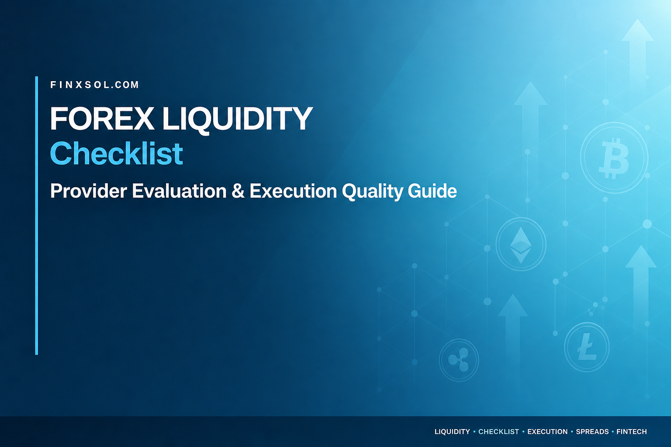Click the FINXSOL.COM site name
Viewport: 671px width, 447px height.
(x=95, y=85)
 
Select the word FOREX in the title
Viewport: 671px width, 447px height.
(x=102, y=119)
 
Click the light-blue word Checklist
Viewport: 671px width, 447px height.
(x=117, y=154)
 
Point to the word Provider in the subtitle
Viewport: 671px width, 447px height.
(x=89, y=191)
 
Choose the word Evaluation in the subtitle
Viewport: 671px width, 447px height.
(x=179, y=191)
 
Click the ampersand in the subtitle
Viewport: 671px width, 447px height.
(x=238, y=191)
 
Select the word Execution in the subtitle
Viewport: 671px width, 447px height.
(x=293, y=191)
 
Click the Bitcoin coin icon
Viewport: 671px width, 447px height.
(x=614, y=158)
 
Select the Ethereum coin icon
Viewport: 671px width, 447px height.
(x=521, y=244)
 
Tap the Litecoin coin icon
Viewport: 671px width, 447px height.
(x=587, y=347)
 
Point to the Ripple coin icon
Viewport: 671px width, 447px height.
(x=459, y=360)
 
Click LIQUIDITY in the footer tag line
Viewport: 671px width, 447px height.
(x=452, y=431)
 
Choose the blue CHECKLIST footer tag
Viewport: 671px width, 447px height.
(x=498, y=431)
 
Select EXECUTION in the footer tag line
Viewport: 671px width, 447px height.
(x=547, y=431)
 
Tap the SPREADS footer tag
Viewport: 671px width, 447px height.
(x=592, y=431)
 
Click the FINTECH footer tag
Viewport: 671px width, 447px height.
(x=631, y=431)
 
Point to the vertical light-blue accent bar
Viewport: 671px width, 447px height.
(x=37, y=216)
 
